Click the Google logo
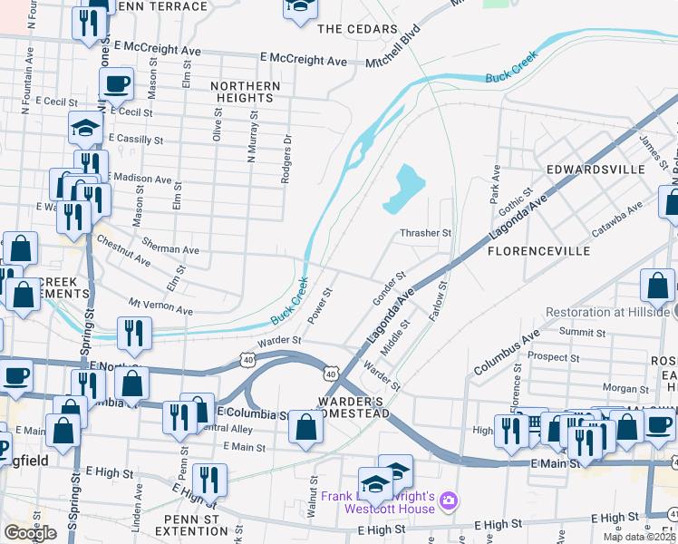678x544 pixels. tap(30, 533)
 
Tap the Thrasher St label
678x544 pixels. tap(426, 233)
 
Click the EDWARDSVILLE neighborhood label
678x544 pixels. tap(595, 170)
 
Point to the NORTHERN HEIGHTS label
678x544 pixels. tap(246, 92)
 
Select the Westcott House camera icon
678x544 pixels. tap(448, 500)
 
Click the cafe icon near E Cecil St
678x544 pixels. tap(116, 85)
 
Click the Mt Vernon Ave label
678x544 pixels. tap(160, 307)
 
